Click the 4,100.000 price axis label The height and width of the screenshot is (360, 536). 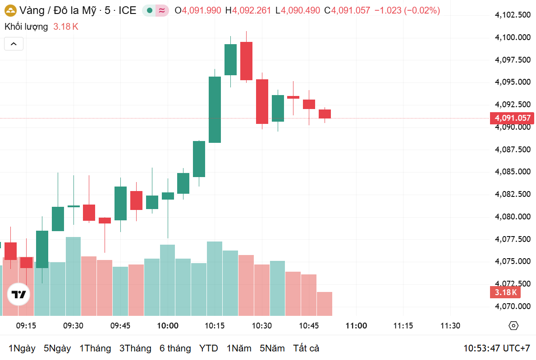pyautogui.click(x=512, y=37)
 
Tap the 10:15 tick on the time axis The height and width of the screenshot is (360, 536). pyautogui.click(x=215, y=326)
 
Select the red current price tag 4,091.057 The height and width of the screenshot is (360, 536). pyautogui.click(x=513, y=118)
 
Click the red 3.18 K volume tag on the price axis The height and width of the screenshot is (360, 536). pyautogui.click(x=505, y=292)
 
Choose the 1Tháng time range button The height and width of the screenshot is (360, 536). pyautogui.click(x=95, y=348)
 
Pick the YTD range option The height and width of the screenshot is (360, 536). pyautogui.click(x=209, y=348)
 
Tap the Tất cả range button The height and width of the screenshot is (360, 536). pyautogui.click(x=306, y=348)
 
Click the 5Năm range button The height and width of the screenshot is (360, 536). pyautogui.click(x=272, y=348)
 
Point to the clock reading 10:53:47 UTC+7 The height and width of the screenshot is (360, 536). pyautogui.click(x=497, y=348)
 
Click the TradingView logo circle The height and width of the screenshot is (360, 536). pyautogui.click(x=18, y=295)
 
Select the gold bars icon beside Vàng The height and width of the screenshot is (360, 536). pyautogui.click(x=10, y=10)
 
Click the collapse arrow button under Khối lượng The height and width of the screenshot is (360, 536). pyautogui.click(x=14, y=44)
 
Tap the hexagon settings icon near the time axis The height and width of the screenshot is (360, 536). pyautogui.click(x=513, y=326)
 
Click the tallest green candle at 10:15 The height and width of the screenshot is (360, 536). pyautogui.click(x=215, y=109)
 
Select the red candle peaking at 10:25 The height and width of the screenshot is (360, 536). pyautogui.click(x=246, y=61)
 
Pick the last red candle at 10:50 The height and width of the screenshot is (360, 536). pyautogui.click(x=325, y=114)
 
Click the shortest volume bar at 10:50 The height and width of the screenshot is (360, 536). pyautogui.click(x=325, y=304)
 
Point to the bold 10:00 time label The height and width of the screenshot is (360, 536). pyautogui.click(x=168, y=326)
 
